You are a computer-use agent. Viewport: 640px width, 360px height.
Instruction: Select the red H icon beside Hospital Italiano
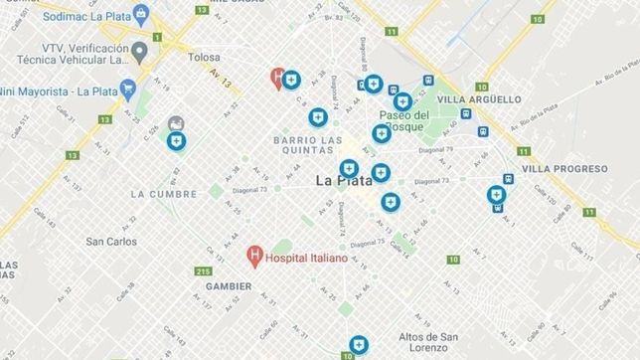click(x=254, y=258)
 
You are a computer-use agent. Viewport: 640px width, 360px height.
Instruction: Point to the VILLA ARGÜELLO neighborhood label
click(x=479, y=99)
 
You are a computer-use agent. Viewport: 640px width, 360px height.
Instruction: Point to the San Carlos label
click(x=111, y=242)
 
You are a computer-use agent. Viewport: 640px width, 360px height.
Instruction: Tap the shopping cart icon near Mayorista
click(x=128, y=87)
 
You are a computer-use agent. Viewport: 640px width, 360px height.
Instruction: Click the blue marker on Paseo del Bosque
click(x=402, y=101)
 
